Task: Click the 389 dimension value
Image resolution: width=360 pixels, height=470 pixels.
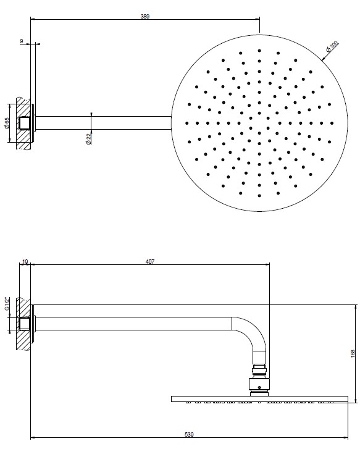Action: point(144,17)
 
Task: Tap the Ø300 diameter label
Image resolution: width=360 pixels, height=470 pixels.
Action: point(332,46)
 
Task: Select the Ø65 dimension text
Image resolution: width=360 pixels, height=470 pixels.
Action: point(7,123)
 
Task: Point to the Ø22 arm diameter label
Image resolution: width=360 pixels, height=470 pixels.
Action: point(88,139)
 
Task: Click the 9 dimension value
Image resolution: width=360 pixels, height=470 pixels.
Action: point(22,41)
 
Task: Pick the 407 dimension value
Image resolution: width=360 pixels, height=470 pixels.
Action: point(150,262)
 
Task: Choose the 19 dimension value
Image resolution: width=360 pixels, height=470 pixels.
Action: point(25,262)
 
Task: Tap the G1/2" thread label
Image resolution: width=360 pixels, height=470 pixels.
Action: point(7,304)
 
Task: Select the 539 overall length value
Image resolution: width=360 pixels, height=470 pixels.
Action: point(189,434)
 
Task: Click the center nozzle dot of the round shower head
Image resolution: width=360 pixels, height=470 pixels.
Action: point(259,123)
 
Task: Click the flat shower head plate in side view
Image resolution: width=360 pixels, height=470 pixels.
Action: point(259,399)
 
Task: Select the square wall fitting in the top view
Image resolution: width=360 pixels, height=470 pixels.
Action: point(25,123)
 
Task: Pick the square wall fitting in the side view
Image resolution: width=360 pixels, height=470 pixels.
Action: point(25,324)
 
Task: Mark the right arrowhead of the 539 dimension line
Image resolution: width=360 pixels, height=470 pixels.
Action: point(346,438)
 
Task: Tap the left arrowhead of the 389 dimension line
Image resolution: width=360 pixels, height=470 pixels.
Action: point(33,20)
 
